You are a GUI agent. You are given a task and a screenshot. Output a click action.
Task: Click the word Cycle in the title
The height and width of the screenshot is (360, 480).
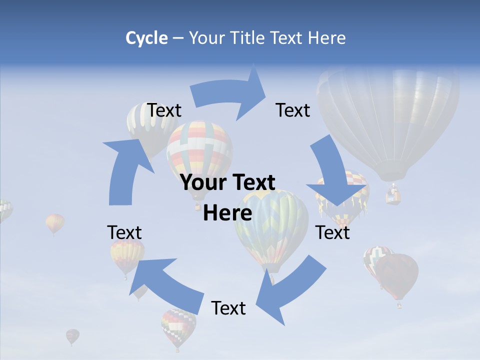click(146, 38)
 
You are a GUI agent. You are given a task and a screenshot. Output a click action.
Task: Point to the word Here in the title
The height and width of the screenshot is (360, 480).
click(326, 38)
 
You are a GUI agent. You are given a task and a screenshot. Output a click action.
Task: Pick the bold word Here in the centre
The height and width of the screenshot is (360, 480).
click(227, 213)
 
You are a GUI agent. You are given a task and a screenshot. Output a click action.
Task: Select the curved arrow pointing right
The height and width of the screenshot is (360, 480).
click(230, 94)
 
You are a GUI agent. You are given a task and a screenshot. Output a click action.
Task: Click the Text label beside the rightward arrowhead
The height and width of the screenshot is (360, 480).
click(293, 110)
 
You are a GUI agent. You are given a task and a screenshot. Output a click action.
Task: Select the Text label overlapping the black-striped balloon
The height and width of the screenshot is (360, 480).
click(164, 110)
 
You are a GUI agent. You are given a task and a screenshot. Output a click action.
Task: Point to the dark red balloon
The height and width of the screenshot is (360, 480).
click(397, 275)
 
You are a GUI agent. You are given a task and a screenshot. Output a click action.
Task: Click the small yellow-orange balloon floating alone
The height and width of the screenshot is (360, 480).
click(54, 222)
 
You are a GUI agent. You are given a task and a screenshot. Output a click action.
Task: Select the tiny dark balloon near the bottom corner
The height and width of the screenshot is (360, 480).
click(72, 336)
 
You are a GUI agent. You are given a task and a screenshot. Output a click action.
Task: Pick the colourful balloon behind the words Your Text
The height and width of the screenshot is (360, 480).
click(199, 150)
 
